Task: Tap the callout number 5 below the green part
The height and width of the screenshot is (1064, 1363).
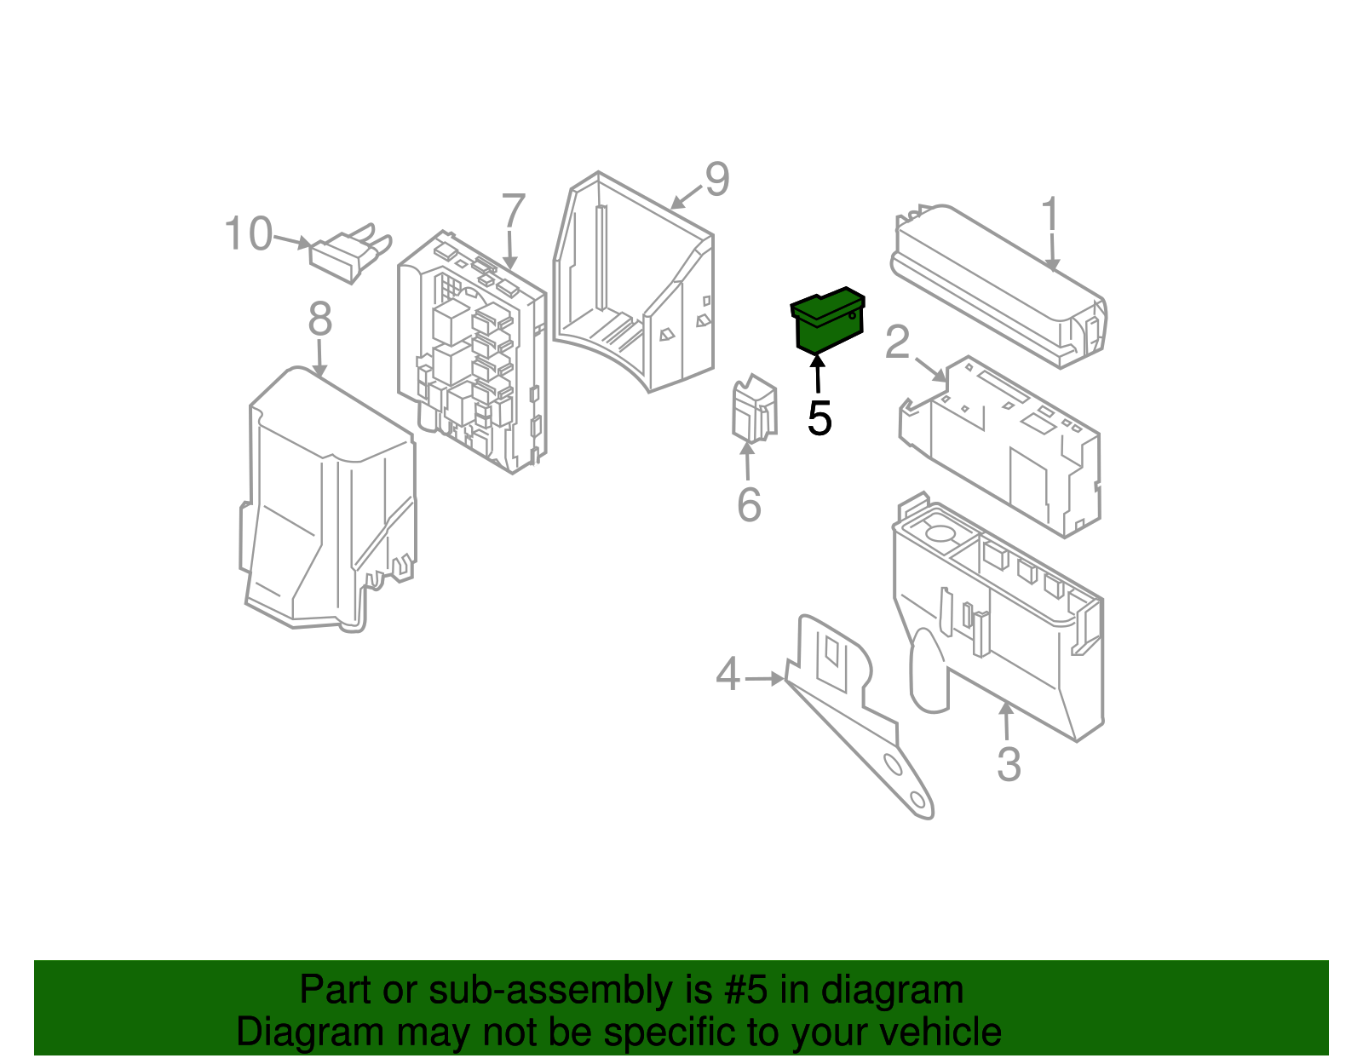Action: point(819,419)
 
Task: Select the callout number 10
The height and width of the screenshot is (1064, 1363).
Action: point(248,234)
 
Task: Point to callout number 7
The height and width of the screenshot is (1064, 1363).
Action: point(513,211)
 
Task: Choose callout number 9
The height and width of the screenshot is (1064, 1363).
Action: point(717,180)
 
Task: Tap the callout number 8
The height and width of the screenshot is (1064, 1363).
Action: point(319,320)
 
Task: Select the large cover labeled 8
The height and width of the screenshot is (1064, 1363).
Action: point(328,503)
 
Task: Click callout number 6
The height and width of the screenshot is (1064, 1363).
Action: point(748,505)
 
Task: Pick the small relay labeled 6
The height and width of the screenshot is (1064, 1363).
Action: point(753,410)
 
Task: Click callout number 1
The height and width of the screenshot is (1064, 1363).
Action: point(1050,214)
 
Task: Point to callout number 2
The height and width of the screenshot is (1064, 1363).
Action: point(897,342)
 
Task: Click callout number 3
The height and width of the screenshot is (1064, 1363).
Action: point(1009,764)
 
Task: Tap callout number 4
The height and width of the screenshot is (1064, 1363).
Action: point(728,676)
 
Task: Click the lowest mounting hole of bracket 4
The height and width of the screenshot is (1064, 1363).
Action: point(918,800)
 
